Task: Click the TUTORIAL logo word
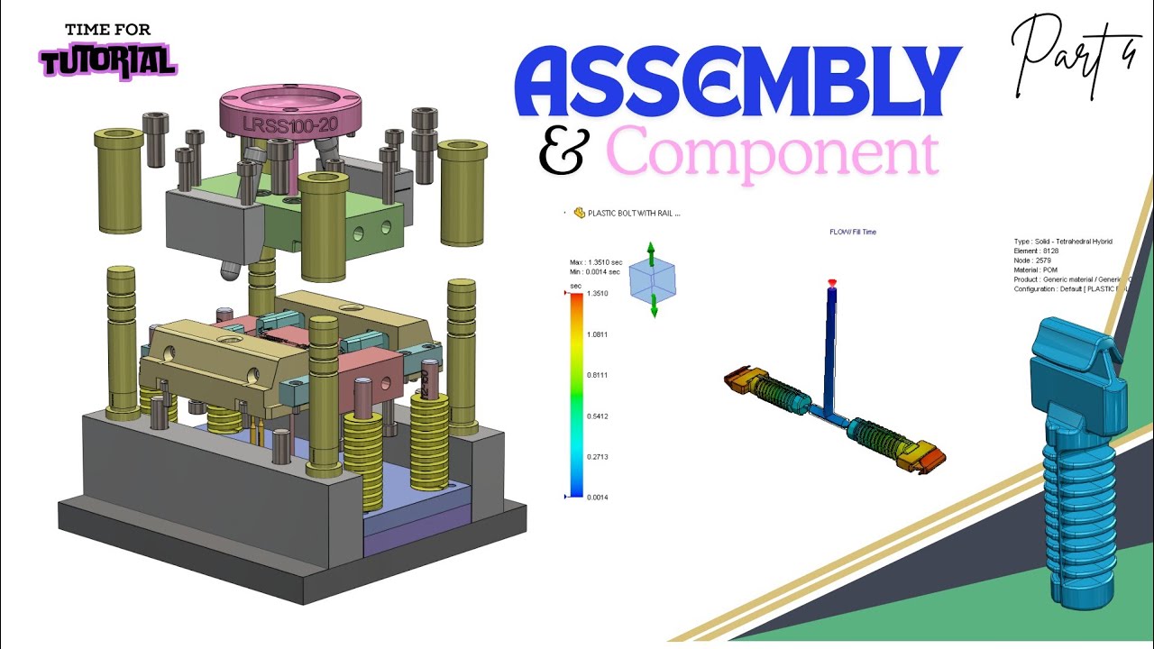coord(107,61)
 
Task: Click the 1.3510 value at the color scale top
coord(598,294)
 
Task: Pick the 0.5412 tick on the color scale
coord(598,416)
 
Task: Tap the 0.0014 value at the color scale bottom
coord(598,498)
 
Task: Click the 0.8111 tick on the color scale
coord(598,375)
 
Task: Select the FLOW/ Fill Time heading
coord(852,233)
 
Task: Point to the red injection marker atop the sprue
coord(832,283)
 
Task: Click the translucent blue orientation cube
coord(652,279)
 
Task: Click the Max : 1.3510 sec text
coord(595,262)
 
